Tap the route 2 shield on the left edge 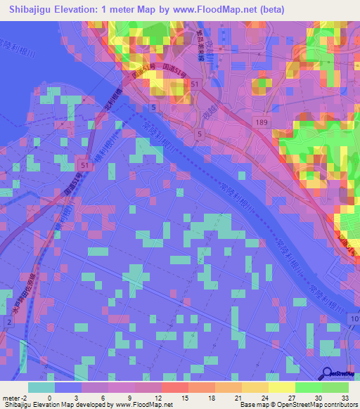point(8,321)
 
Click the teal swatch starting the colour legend point(41,387)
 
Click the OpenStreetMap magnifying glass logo point(328,373)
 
